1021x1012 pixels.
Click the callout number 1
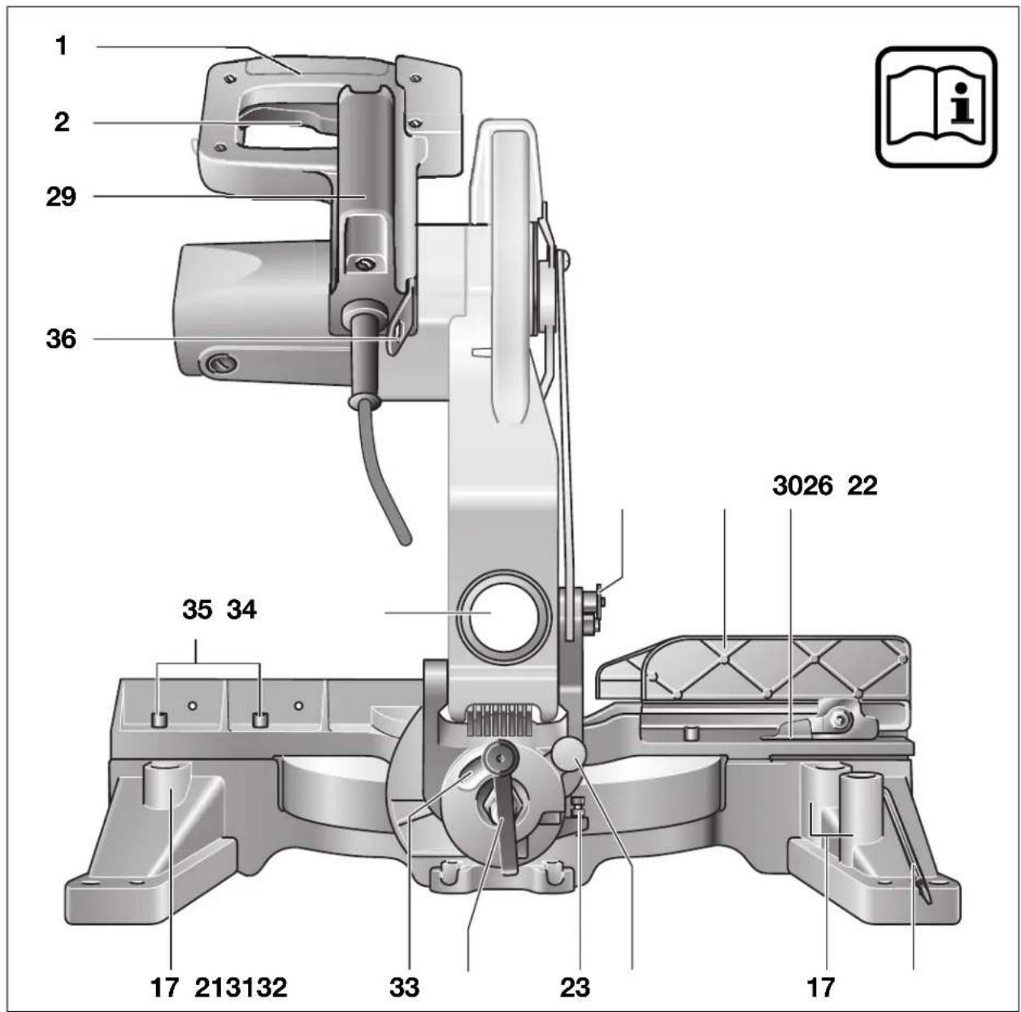coord(62,46)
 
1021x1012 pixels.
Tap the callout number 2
coord(62,123)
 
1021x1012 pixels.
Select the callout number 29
coord(61,197)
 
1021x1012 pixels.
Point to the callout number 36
coord(61,339)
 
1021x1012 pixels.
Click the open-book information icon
coord(936,107)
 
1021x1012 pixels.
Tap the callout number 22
coord(862,485)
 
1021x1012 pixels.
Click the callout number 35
coord(197,610)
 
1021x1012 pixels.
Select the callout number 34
coord(241,610)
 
